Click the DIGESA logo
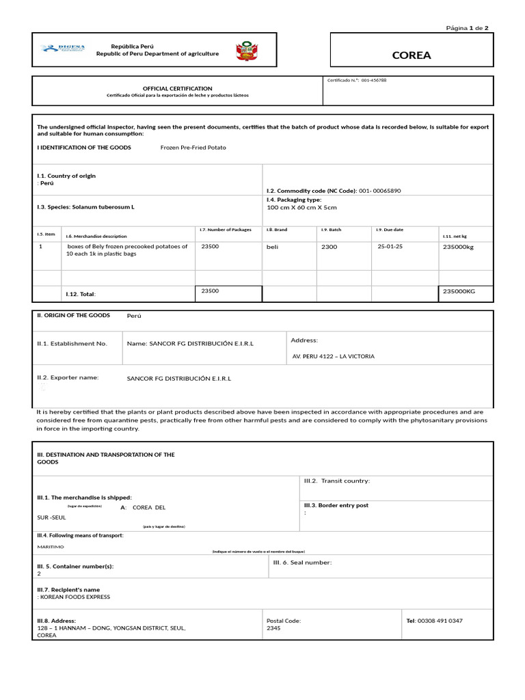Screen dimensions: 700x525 (x=63, y=48)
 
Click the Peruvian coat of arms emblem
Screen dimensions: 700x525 (x=244, y=51)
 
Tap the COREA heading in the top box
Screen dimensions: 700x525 (x=412, y=55)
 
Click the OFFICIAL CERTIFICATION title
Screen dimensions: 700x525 (x=177, y=88)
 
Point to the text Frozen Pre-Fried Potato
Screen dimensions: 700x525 (x=193, y=148)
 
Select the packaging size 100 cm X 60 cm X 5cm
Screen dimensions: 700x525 (x=301, y=207)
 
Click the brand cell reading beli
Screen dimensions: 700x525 (x=273, y=247)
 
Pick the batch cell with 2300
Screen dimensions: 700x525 (x=329, y=247)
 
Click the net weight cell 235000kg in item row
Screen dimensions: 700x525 (x=458, y=247)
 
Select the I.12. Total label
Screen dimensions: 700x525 (x=81, y=294)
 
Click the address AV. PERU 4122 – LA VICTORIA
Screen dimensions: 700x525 (x=333, y=356)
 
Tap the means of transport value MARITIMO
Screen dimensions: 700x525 (x=51, y=547)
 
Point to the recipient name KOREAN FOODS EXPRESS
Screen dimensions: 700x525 (x=75, y=597)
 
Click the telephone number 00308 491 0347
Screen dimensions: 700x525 (x=440, y=621)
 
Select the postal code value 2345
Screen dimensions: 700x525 (x=273, y=628)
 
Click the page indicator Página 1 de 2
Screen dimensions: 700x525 (x=467, y=28)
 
